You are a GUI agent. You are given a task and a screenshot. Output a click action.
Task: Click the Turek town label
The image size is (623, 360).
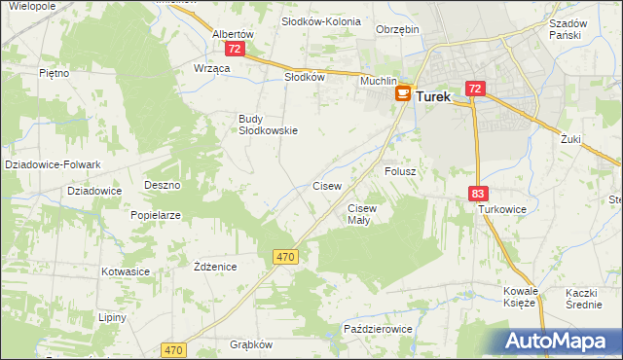pyautogui.click(x=433, y=97)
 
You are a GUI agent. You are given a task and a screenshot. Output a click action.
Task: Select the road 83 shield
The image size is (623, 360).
pyautogui.click(x=477, y=195)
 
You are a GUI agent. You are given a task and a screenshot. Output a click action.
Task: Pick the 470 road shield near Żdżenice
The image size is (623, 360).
pyautogui.click(x=284, y=256)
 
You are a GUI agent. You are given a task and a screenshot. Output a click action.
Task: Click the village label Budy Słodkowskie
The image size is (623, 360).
pyautogui.click(x=268, y=125)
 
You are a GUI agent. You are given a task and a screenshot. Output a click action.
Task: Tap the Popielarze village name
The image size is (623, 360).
pyautogui.click(x=157, y=215)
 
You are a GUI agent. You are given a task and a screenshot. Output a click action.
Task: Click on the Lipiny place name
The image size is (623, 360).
pyautogui.click(x=112, y=318)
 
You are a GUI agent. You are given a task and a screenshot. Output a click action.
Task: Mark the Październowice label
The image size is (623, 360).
pyautogui.click(x=379, y=330)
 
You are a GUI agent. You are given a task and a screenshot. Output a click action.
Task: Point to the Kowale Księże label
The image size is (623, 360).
pyautogui.click(x=520, y=297)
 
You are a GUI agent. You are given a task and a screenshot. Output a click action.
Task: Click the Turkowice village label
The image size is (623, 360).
pyautogui.click(x=501, y=209)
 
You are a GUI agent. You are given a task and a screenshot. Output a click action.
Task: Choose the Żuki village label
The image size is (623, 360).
pyautogui.click(x=570, y=139)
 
